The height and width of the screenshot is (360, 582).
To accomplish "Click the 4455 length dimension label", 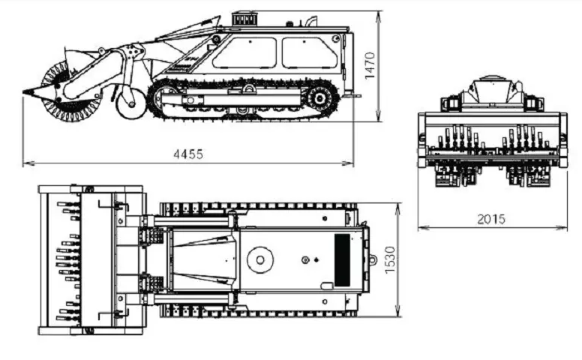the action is (x=188, y=154).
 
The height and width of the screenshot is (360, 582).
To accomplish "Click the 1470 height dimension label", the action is (x=370, y=65).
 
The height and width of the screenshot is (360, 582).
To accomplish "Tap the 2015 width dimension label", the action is (x=491, y=219).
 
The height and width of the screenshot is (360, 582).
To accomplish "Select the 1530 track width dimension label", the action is (x=390, y=259).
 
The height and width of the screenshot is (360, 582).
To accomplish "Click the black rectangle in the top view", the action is (x=342, y=259).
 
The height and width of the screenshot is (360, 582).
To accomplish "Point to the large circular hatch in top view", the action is (x=260, y=259).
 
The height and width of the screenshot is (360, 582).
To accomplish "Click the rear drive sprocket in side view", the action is (x=319, y=99).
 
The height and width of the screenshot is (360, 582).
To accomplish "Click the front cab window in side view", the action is (x=245, y=53).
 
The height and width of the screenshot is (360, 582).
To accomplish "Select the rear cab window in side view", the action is (x=310, y=52).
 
